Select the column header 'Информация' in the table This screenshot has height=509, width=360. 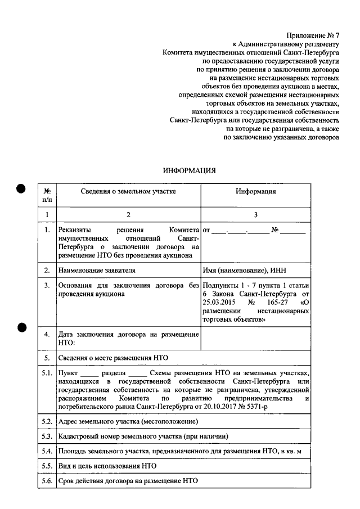click(x=255, y=191)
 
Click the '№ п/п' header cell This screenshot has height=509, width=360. click(x=47, y=195)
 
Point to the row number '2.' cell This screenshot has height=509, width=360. click(x=47, y=271)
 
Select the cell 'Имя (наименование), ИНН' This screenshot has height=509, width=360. click(x=243, y=271)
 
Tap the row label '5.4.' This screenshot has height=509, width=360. click(x=47, y=452)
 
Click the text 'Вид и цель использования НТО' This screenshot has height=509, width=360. click(x=107, y=466)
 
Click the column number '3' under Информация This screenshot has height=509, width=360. click(x=255, y=214)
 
